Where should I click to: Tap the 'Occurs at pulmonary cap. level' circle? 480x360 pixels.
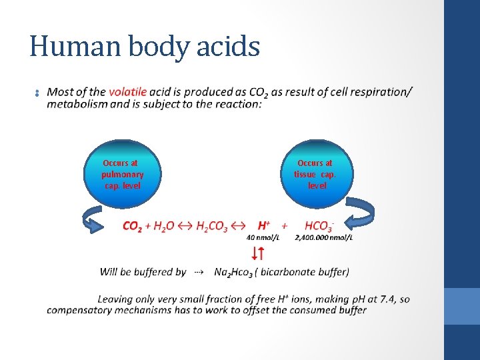click(x=123, y=174)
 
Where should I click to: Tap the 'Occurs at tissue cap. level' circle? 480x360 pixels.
click(x=315, y=174)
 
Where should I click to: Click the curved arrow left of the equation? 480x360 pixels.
click(x=93, y=221)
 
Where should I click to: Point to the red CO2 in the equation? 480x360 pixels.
click(x=132, y=227)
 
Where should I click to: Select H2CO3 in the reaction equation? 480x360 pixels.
click(x=212, y=227)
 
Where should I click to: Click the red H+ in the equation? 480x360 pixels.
click(x=264, y=226)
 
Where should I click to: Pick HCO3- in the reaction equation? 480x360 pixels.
click(x=319, y=226)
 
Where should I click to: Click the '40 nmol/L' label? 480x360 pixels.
click(x=263, y=237)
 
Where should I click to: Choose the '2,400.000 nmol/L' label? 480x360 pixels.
click(x=324, y=237)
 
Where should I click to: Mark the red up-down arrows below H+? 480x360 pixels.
click(x=258, y=253)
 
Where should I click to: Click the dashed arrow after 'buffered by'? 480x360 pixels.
click(x=198, y=272)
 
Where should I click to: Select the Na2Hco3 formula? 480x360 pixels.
click(x=233, y=272)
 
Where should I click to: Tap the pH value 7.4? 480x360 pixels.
click(x=389, y=299)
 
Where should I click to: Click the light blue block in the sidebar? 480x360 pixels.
click(x=461, y=306)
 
